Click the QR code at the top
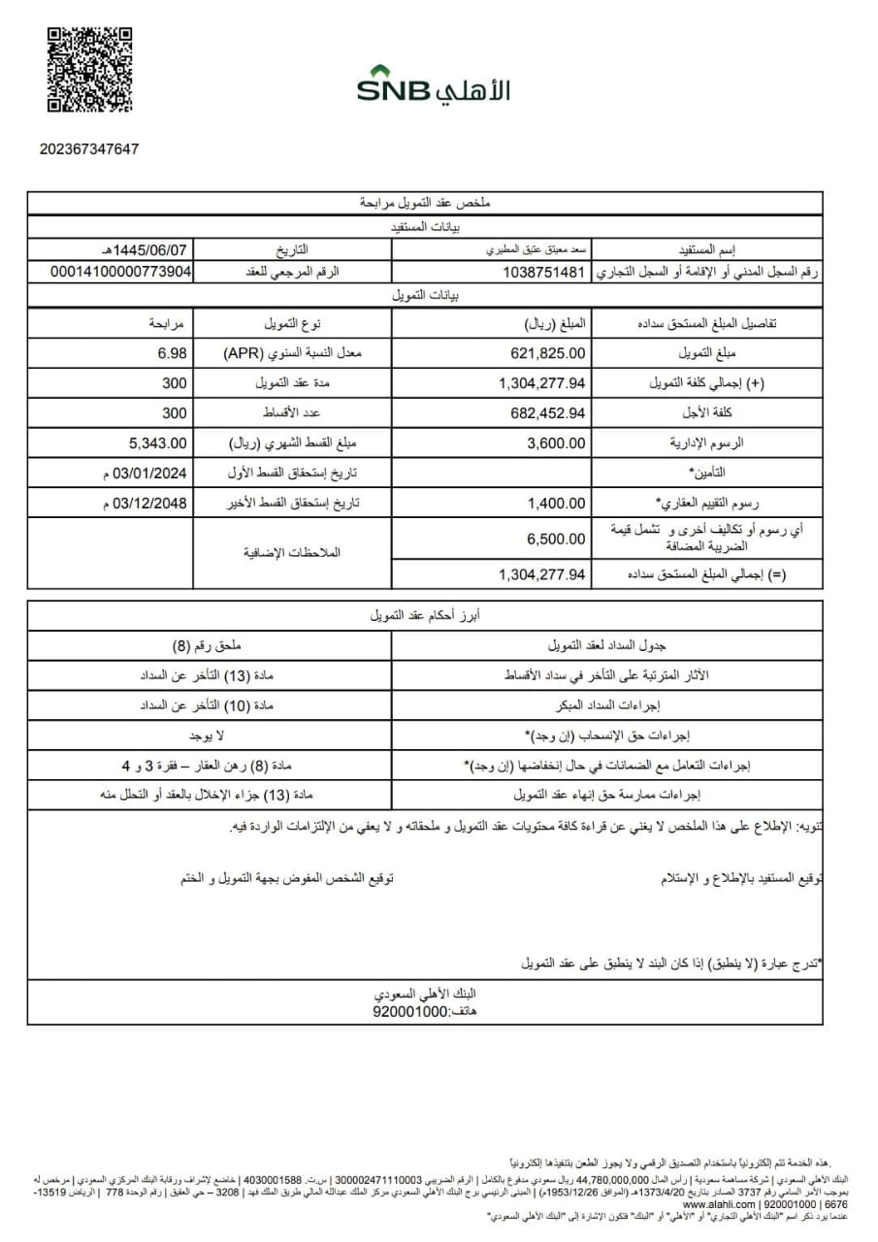88,71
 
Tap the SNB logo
433,86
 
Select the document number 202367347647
89,149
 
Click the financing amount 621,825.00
548,353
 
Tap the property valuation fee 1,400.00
557,503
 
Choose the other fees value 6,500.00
557,539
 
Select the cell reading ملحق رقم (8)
211,645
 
